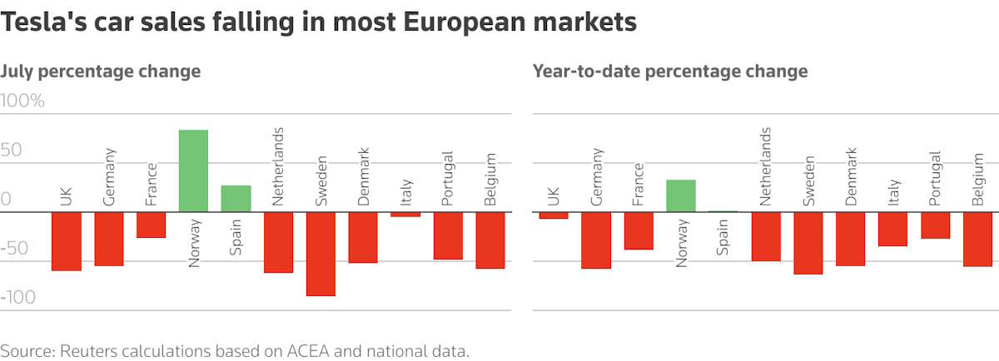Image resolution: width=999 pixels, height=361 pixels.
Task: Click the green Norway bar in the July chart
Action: (193, 171)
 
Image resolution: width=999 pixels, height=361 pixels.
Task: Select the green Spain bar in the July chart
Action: (236, 199)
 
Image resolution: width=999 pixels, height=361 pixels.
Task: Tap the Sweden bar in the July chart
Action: (321, 254)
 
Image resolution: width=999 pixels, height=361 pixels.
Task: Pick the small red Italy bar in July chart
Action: (405, 215)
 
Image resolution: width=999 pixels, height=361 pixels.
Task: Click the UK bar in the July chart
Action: (67, 241)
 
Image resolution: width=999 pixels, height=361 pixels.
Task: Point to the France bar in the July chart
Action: (151, 225)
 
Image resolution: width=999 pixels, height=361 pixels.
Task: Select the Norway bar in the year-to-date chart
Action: (681, 195)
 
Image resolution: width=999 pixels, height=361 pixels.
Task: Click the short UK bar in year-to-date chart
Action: (554, 215)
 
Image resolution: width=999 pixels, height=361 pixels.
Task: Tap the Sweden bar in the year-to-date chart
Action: (808, 243)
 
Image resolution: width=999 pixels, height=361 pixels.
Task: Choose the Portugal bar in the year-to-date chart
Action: (935, 225)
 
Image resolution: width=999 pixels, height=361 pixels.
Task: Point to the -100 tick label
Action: (21, 298)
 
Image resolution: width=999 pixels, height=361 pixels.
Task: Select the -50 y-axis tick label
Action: (17, 249)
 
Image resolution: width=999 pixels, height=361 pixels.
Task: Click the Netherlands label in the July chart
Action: (278, 166)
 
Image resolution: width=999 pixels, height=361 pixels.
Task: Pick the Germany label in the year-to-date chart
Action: (596, 176)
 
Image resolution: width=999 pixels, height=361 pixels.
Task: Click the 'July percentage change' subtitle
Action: (101, 71)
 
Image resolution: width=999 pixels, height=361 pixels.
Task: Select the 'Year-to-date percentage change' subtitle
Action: (670, 71)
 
